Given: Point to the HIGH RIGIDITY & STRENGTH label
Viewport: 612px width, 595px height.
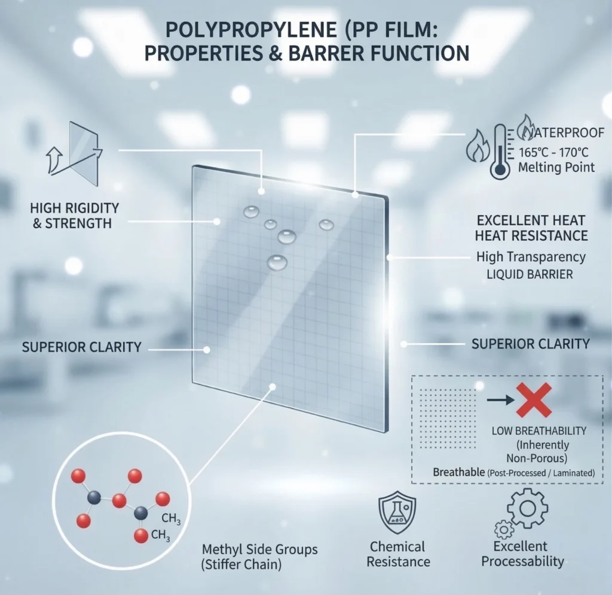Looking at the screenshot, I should click(74, 216).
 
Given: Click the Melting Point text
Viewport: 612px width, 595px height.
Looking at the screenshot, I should click(556, 167).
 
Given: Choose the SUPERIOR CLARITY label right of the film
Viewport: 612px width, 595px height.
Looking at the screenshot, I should click(530, 343).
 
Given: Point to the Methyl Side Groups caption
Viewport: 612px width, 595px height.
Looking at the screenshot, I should click(260, 548).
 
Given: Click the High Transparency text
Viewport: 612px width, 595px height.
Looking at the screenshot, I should click(531, 257).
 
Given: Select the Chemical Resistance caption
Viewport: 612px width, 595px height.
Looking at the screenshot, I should click(398, 554).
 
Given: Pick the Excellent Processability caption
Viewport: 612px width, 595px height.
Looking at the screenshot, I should click(522, 554).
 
